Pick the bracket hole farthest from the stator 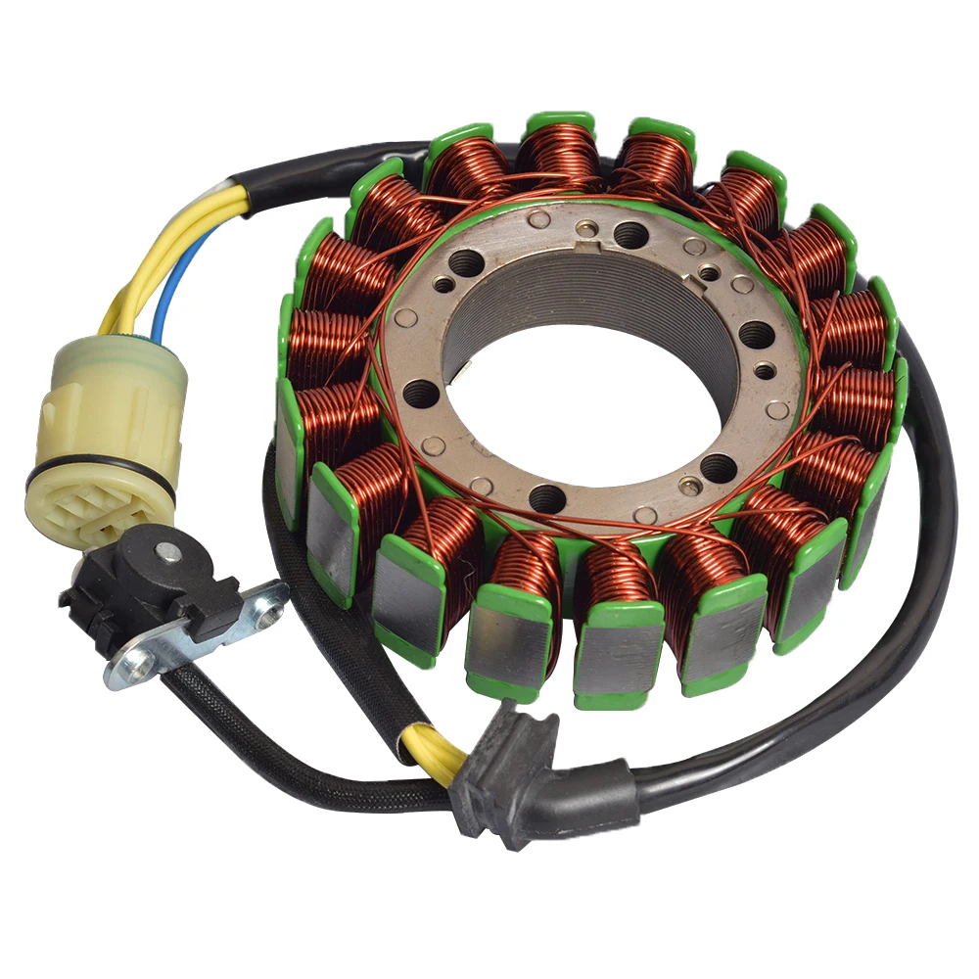coord(126,669)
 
